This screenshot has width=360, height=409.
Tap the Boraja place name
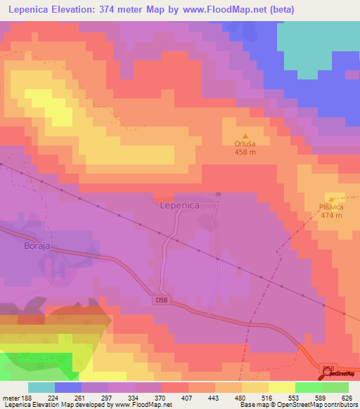(x=27, y=247)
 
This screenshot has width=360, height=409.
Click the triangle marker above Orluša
(x=245, y=136)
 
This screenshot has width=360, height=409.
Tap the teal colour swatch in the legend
(x=41, y=387)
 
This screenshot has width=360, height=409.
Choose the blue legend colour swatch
(x=68, y=387)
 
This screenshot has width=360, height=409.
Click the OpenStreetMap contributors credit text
(x=316, y=405)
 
